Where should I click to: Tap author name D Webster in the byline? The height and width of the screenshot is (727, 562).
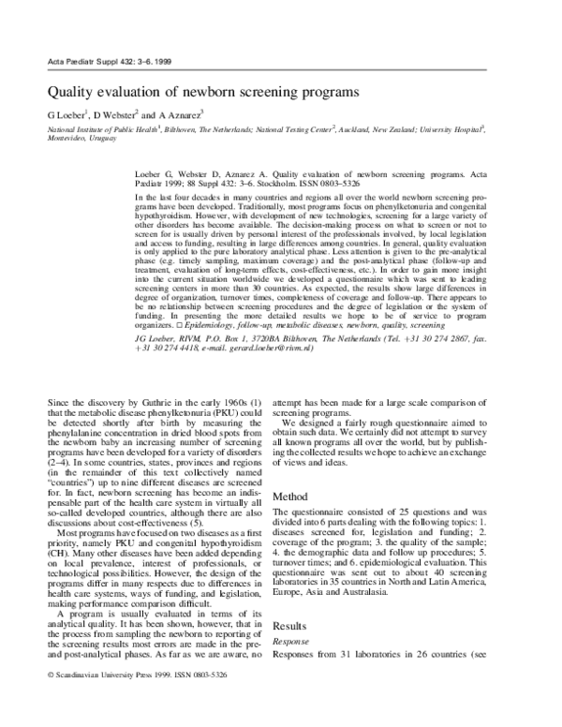click(x=116, y=115)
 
